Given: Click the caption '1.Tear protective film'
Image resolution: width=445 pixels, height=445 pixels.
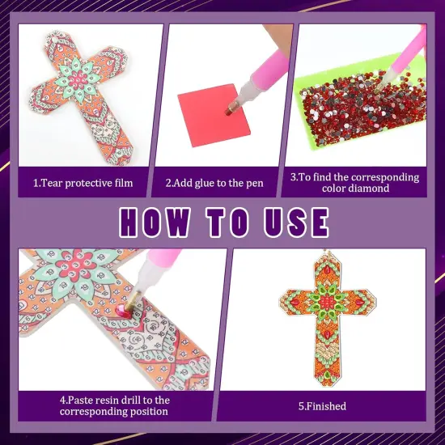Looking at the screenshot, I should tap(83, 183).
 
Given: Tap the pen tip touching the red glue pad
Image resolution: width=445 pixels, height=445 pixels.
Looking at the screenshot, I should tap(231, 106).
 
